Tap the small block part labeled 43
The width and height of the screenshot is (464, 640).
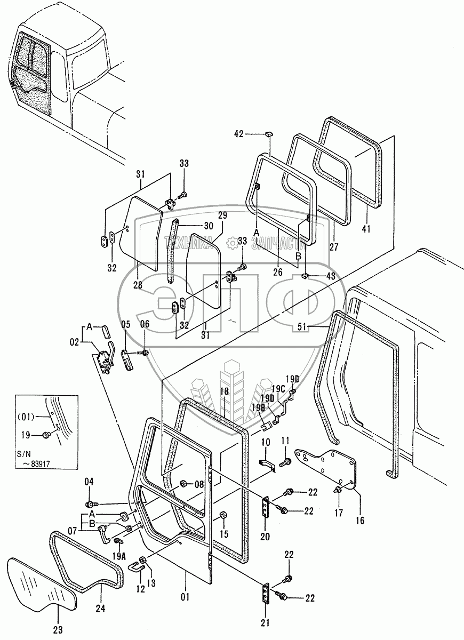pyautogui.click(x=305, y=275)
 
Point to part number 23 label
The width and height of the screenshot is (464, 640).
pyautogui.click(x=57, y=630)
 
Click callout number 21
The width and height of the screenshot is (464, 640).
pyautogui.click(x=266, y=622)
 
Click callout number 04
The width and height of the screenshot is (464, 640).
pyautogui.click(x=89, y=482)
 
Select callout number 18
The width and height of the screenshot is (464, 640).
pyautogui.click(x=225, y=391)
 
